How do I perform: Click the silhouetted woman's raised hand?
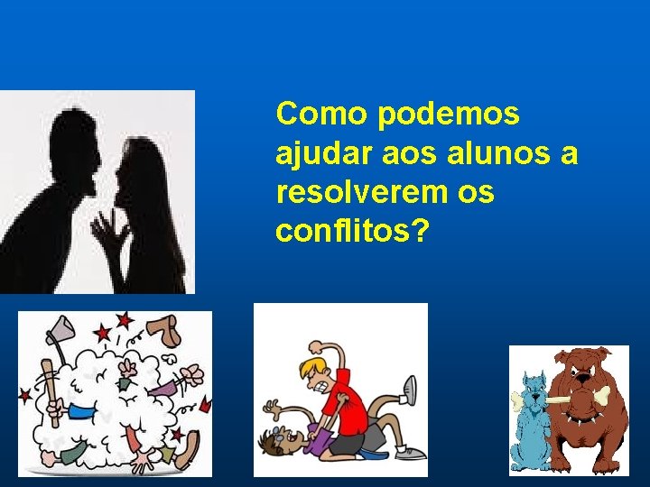(110, 233)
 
